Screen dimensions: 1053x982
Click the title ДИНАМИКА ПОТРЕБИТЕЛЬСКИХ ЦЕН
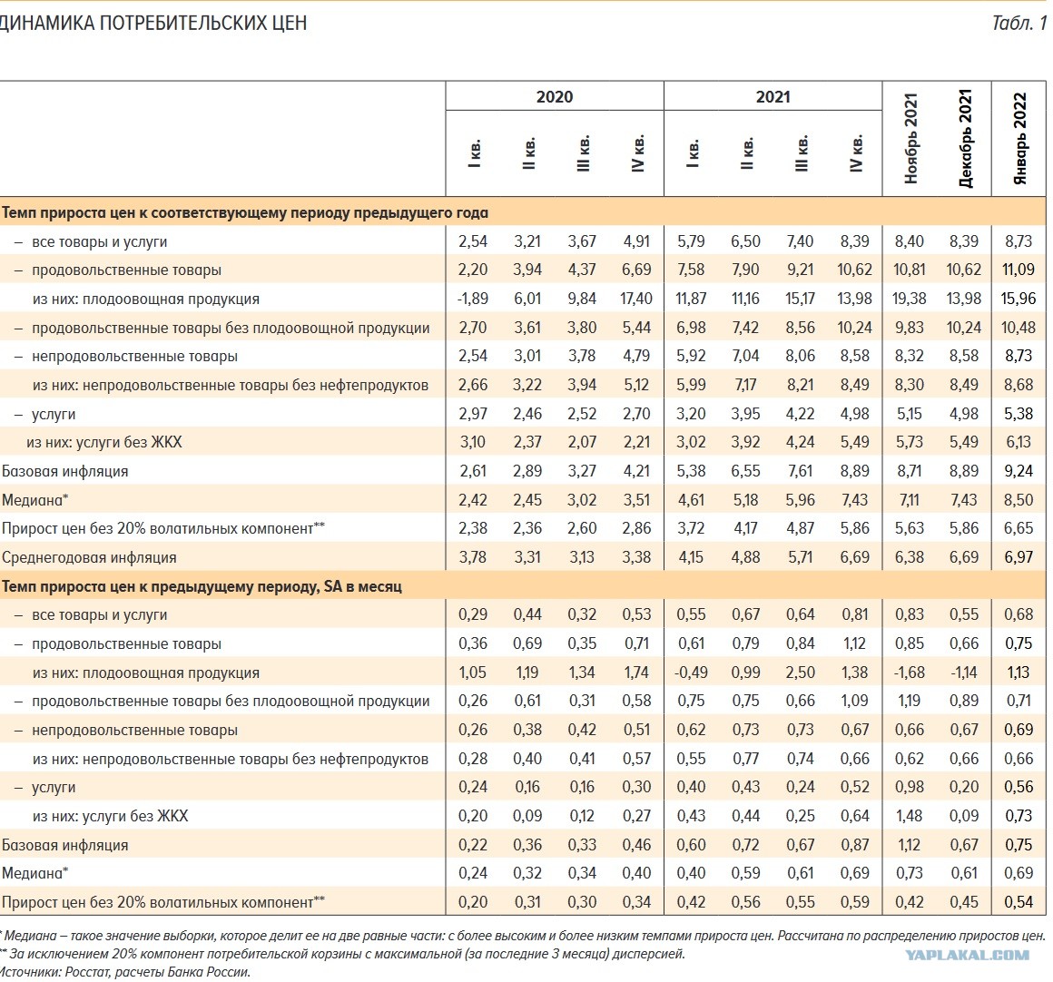coord(153,23)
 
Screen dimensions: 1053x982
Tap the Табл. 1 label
coord(1019,23)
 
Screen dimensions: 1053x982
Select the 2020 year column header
coord(555,96)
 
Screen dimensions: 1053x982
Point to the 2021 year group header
coord(773,96)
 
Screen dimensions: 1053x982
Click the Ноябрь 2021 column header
coord(910,138)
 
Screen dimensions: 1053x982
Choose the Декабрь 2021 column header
coord(964,138)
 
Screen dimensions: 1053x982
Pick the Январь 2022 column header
coord(1019,138)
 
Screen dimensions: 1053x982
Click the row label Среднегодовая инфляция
coord(89,558)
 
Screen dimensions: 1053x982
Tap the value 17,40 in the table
coord(636,299)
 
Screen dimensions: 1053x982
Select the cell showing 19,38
coord(910,299)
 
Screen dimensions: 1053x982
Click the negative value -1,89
coord(473,299)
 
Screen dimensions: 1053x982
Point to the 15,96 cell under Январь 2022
coord(1019,299)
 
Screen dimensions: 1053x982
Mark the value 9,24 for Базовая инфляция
coord(1019,471)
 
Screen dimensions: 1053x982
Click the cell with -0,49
coord(691,673)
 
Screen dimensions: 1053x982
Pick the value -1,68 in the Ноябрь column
coord(910,673)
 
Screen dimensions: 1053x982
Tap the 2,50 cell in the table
coord(800,673)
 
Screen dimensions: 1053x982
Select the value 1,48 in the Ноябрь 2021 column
coord(910,816)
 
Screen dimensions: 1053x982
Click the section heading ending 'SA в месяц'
coord(202,586)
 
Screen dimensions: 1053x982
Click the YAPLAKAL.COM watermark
coord(967,955)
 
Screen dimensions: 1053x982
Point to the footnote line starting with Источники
coord(124,972)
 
